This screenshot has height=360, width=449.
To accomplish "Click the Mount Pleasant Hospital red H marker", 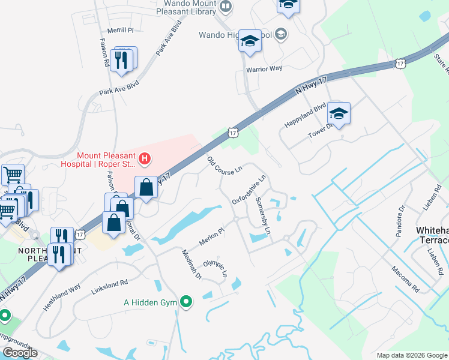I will (144, 159).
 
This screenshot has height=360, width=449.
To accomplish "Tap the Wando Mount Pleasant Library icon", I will (226, 7).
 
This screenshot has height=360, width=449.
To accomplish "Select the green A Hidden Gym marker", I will (187, 302).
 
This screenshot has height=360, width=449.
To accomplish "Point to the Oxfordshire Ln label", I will (249, 190).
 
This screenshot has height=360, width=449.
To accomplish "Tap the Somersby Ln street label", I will (263, 215).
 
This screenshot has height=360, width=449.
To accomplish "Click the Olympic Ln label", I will (215, 268).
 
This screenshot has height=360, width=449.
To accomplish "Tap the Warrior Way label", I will (264, 68).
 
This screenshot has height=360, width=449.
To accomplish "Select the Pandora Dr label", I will (400, 220).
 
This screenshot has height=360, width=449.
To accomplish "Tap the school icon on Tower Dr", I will (339, 114).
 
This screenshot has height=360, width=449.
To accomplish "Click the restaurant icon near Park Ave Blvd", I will (122, 61).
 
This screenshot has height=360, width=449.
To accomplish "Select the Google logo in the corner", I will (20, 353).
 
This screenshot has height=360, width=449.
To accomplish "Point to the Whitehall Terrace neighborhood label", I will (432, 235).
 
